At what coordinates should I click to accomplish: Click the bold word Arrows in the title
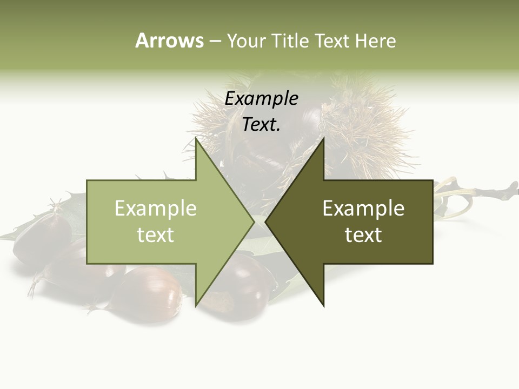pyautogui.click(x=170, y=41)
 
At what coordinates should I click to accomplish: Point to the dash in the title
pyautogui.click(x=215, y=41)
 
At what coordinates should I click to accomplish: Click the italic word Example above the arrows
pyautogui.click(x=261, y=99)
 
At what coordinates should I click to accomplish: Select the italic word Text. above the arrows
pyautogui.click(x=261, y=125)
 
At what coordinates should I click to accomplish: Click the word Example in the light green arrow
pyautogui.click(x=156, y=209)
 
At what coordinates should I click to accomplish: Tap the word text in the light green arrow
pyautogui.click(x=156, y=235)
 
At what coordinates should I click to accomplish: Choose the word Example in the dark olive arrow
pyautogui.click(x=363, y=209)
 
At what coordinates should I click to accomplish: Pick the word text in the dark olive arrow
pyautogui.click(x=363, y=235)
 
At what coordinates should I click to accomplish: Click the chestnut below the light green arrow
pyautogui.click(x=151, y=292)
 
